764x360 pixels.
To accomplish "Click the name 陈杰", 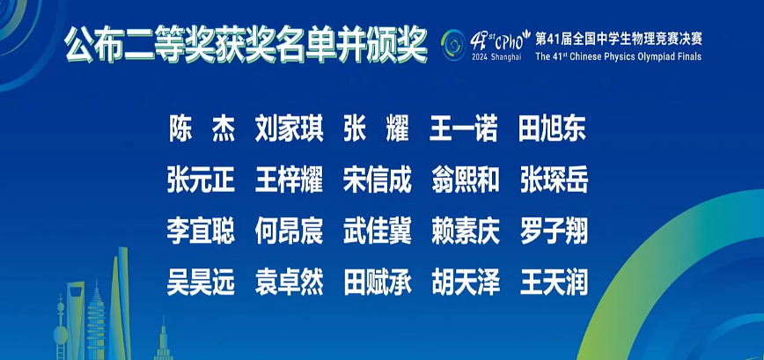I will pyautogui.click(x=202, y=129).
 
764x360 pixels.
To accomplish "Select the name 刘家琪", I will pyautogui.click(x=289, y=129).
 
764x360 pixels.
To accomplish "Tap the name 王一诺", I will pyautogui.click(x=465, y=129).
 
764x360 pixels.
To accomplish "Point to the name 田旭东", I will pyautogui.click(x=553, y=129).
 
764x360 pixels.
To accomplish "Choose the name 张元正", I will pyautogui.click(x=202, y=180).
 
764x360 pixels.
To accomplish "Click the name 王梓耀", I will pyautogui.click(x=289, y=180).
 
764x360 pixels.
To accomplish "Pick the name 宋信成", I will pyautogui.click(x=377, y=180).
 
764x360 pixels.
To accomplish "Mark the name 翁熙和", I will pyautogui.click(x=465, y=180).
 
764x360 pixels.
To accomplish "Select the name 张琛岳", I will pyautogui.click(x=553, y=180).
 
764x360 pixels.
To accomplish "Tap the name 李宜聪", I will pyautogui.click(x=202, y=231).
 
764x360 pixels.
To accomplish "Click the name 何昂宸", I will pyautogui.click(x=289, y=231).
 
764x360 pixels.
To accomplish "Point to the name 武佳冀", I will pyautogui.click(x=377, y=231).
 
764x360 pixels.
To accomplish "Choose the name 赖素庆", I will pyautogui.click(x=465, y=231).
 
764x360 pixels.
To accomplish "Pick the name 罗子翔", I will pyautogui.click(x=553, y=231).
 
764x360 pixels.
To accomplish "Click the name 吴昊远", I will pyautogui.click(x=202, y=283).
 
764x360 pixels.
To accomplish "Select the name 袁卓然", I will pyautogui.click(x=289, y=283).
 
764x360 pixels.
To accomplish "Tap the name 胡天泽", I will pyautogui.click(x=465, y=283).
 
